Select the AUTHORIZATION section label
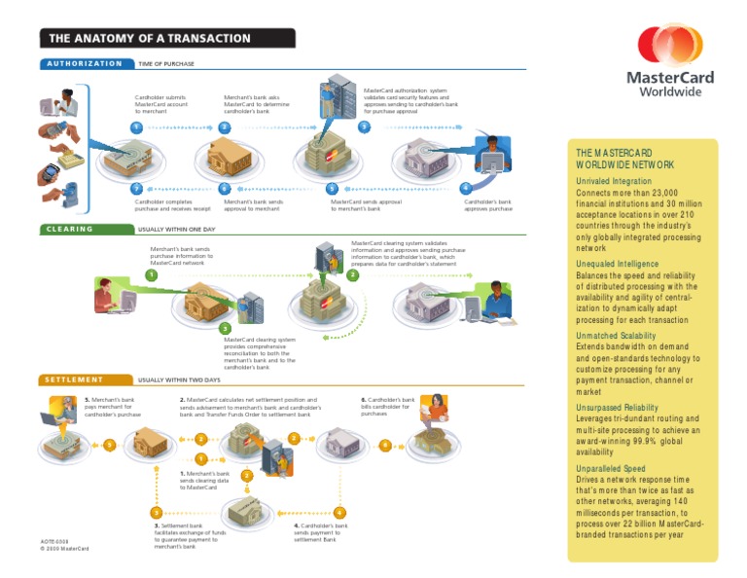(x=82, y=63)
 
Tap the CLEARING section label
(x=67, y=230)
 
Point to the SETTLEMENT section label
(x=73, y=379)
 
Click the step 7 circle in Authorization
(x=137, y=188)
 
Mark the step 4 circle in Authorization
(x=467, y=188)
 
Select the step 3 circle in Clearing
(x=225, y=327)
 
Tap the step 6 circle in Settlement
(x=386, y=446)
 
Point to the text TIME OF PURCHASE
(x=166, y=63)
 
